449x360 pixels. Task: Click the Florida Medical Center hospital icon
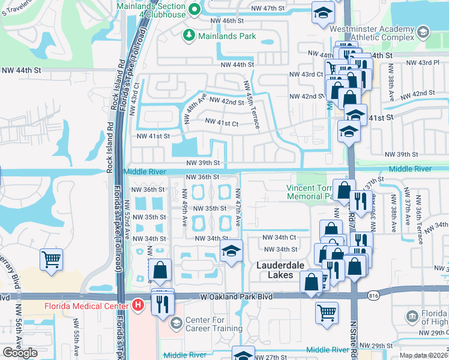tap(139, 305)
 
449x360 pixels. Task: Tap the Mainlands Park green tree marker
tap(188, 36)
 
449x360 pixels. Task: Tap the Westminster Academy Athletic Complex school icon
tap(423, 32)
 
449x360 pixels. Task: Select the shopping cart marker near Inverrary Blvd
tap(52, 260)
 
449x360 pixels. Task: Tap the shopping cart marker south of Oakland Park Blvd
tap(327, 312)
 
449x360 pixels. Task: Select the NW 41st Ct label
tap(222, 122)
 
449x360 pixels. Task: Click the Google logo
tap(20, 353)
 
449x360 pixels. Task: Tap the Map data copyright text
tap(423, 355)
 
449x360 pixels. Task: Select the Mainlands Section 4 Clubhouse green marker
tap(194, 10)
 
